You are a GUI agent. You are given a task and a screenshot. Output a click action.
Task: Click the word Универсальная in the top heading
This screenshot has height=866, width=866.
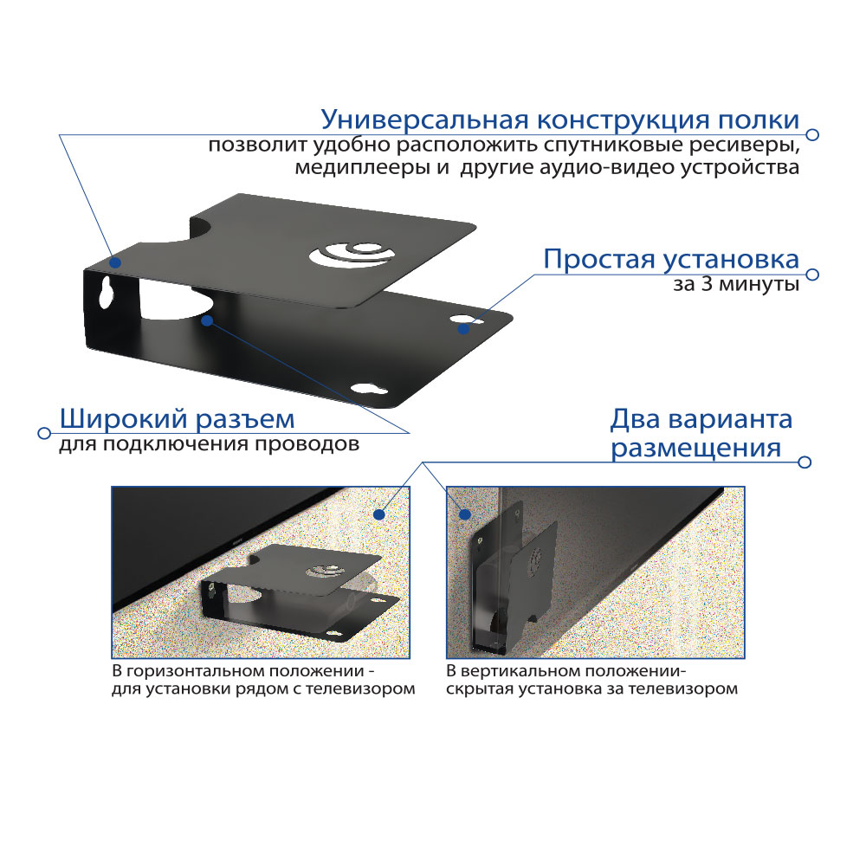pyautogui.click(x=425, y=120)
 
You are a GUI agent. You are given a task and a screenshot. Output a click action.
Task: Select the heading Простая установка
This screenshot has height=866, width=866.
pyautogui.click(x=671, y=259)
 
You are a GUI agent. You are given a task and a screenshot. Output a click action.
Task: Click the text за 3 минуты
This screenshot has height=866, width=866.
pyautogui.click(x=735, y=284)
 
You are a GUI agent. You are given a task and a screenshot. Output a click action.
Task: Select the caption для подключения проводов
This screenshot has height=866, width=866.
pyautogui.click(x=209, y=444)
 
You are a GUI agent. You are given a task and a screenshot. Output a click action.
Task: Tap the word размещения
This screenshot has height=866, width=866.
pyautogui.click(x=696, y=449)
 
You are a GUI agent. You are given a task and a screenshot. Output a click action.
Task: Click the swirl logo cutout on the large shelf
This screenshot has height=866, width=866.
pyautogui.click(x=352, y=255)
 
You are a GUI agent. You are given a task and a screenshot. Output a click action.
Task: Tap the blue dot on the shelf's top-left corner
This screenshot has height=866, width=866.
pyautogui.click(x=115, y=262)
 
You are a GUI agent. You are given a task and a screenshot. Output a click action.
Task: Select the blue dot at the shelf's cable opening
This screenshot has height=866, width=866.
pyautogui.click(x=207, y=320)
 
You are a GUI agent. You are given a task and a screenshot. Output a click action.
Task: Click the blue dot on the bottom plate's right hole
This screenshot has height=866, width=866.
pyautogui.click(x=464, y=328)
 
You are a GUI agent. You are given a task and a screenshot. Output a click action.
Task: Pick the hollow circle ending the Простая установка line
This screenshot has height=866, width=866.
pyautogui.click(x=812, y=275)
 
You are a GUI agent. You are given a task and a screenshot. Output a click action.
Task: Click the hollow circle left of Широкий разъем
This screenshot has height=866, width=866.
pyautogui.click(x=44, y=433)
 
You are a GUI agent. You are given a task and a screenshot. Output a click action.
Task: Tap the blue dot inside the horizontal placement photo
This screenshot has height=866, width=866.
pyautogui.click(x=379, y=514)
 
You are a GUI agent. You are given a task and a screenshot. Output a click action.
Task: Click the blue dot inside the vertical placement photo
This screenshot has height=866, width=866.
pyautogui.click(x=465, y=514)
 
